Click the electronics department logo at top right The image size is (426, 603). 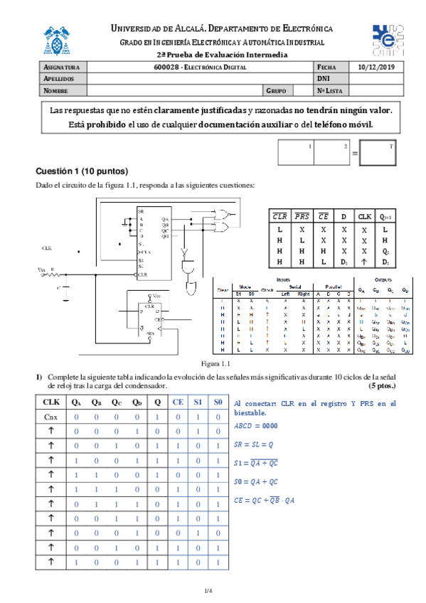[388, 38]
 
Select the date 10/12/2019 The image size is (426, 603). [377, 68]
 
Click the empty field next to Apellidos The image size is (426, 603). [200, 79]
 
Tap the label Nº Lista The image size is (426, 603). [331, 91]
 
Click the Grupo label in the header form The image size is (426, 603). [276, 91]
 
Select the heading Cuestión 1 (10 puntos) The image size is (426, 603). [82, 172]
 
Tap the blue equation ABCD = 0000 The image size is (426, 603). [262, 426]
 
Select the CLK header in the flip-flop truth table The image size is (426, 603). [364, 216]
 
